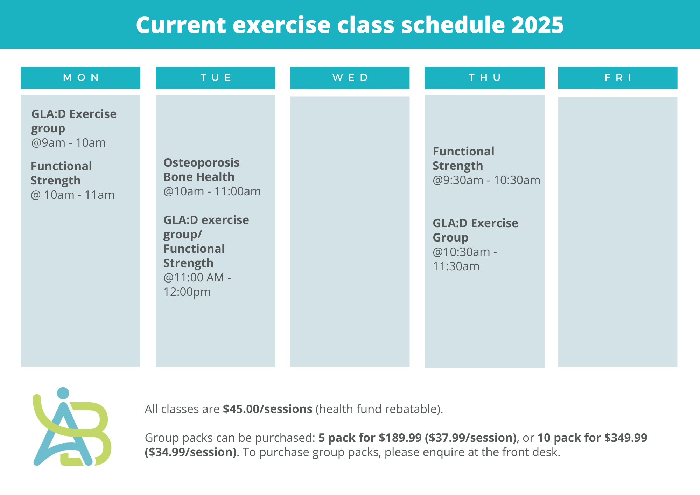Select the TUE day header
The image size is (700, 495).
[216, 78]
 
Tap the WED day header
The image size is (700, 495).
[350, 78]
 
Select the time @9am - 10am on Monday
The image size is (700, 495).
[68, 143]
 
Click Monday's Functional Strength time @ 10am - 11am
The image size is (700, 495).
[72, 195]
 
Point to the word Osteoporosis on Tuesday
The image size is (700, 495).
[202, 163]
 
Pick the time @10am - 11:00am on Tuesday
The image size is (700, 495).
[212, 191]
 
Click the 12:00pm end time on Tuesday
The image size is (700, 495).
[187, 292]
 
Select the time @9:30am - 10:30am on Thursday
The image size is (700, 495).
[486, 180]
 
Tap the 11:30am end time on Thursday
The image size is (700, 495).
[456, 266]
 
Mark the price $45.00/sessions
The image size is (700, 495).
[268, 409]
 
